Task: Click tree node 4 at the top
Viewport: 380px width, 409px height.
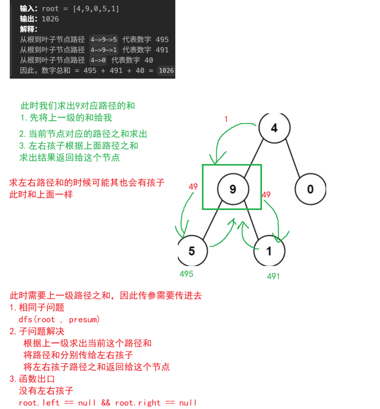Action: [x=274, y=128]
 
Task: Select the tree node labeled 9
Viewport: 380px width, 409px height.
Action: [x=233, y=189]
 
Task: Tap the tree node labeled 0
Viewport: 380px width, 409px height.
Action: [x=310, y=189]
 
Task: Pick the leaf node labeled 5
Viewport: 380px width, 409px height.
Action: [x=192, y=251]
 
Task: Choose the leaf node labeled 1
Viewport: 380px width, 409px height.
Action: [x=269, y=251]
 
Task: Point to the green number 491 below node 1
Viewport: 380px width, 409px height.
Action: [x=273, y=276]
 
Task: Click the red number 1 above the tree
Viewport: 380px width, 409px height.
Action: [x=226, y=119]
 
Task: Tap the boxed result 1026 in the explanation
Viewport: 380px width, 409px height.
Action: [x=166, y=70]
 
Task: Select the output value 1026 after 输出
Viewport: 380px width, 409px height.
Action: [x=50, y=19]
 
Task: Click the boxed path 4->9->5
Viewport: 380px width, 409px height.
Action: [x=104, y=40]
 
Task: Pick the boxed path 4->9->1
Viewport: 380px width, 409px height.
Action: [x=104, y=50]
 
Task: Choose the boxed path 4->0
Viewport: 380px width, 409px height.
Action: [x=98, y=60]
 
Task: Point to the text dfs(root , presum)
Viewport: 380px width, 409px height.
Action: [x=59, y=319]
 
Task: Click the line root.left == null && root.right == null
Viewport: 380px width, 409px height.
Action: [x=107, y=403]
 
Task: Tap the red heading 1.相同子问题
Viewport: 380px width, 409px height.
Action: [x=37, y=307]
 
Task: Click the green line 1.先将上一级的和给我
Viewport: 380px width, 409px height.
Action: [x=66, y=118]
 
